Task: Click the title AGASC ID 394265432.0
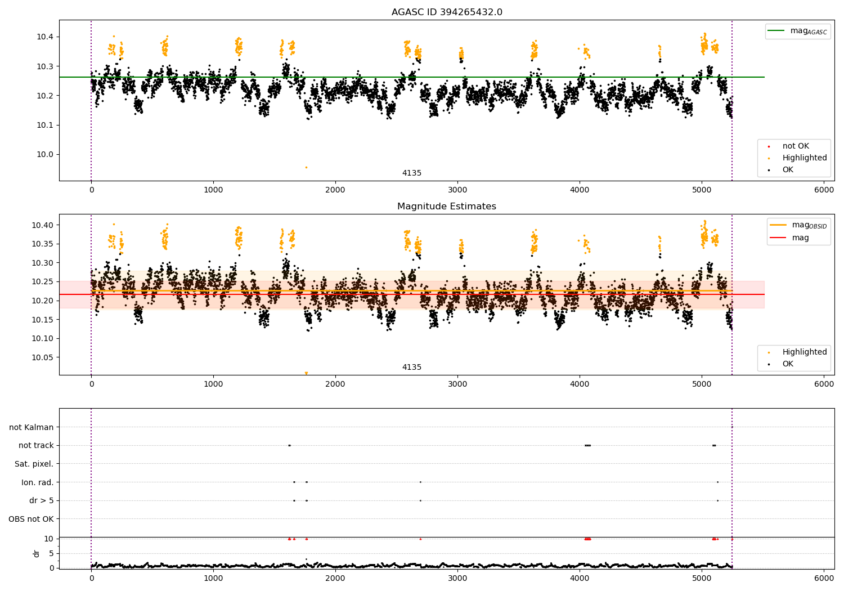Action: click(447, 12)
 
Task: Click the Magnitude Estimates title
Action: click(447, 207)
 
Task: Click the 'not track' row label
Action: click(36, 445)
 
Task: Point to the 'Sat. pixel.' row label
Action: click(34, 464)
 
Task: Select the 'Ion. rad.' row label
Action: click(38, 482)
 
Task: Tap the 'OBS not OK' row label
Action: click(31, 519)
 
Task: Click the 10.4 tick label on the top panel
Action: click(46, 37)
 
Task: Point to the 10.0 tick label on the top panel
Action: click(46, 154)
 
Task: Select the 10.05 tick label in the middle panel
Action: click(43, 357)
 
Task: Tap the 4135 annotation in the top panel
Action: click(412, 173)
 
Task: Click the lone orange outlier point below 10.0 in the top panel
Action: click(306, 167)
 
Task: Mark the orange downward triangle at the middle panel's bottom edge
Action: click(306, 373)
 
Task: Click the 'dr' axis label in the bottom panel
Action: click(37, 553)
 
